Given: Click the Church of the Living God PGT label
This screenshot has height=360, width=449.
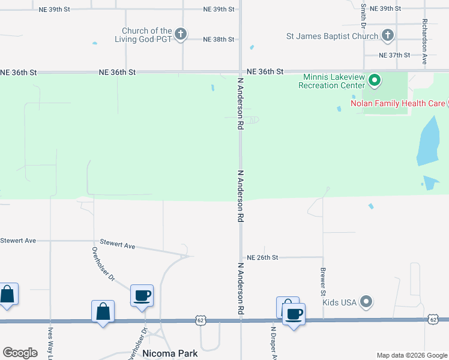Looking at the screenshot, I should [x=146, y=35].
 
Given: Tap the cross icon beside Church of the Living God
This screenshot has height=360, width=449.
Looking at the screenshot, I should [x=181, y=35].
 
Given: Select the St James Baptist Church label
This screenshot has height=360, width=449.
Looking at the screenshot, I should [x=332, y=36].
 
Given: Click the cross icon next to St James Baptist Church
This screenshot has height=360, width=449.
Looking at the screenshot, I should [x=388, y=35].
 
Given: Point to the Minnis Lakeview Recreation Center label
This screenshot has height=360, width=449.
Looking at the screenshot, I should [x=333, y=81].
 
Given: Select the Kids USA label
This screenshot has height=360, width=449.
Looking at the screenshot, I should [x=340, y=302].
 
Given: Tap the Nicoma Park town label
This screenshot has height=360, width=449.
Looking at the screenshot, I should [x=170, y=353].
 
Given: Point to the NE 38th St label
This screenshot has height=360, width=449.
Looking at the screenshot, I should [x=218, y=40].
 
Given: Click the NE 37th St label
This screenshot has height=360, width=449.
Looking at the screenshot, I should [x=395, y=55].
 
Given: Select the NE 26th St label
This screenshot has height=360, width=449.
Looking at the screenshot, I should [x=262, y=257].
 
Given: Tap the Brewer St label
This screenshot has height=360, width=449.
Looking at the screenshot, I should [x=323, y=281].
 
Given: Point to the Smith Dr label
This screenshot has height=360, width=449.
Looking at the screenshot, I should [x=363, y=16].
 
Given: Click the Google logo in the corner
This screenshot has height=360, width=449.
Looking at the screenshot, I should [x=20, y=353].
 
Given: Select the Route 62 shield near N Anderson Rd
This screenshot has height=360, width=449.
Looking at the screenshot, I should [x=200, y=321].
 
